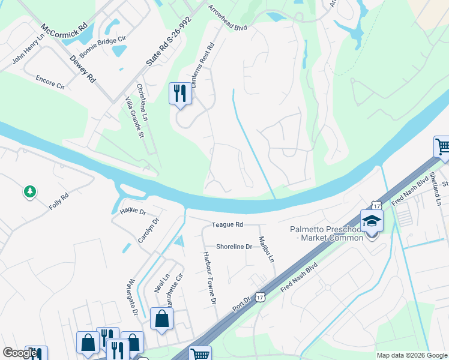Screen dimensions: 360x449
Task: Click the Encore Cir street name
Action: click(x=49, y=82)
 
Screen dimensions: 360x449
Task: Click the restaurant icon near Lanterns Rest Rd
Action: click(x=180, y=94)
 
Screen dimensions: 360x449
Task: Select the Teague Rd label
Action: click(x=227, y=224)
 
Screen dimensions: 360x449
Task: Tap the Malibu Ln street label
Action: click(x=266, y=249)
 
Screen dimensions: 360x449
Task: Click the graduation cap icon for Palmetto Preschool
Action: click(x=372, y=221)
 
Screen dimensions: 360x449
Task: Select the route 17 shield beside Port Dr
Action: click(x=259, y=296)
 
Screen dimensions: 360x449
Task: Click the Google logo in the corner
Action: click(x=20, y=353)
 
